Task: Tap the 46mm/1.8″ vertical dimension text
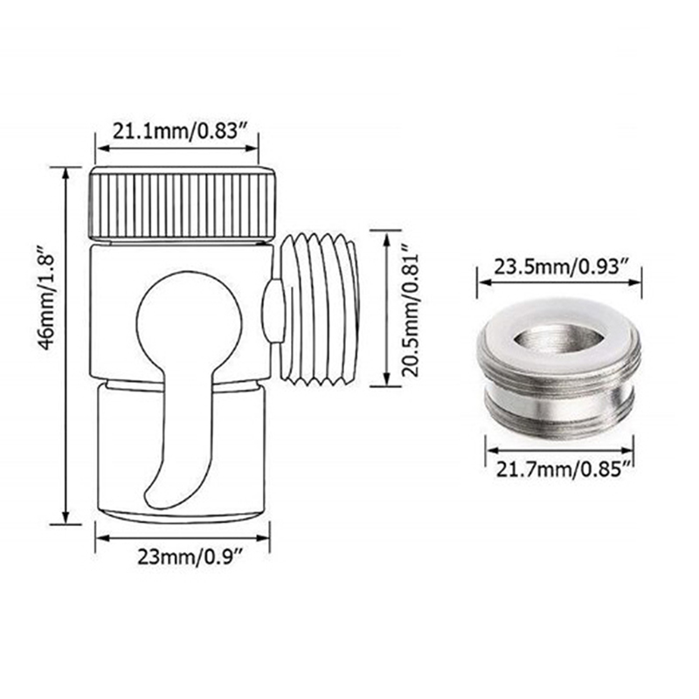coord(48,297)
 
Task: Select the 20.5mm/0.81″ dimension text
coord(411,309)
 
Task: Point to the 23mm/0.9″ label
coord(190,557)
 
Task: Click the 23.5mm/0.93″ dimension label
coord(561,267)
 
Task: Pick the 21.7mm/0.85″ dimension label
coord(564,470)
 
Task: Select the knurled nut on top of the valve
coord(183,205)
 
